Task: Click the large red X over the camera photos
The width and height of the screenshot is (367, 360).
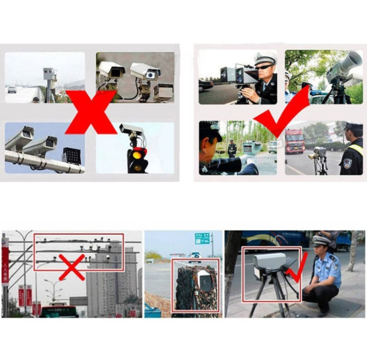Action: pyautogui.click(x=91, y=112)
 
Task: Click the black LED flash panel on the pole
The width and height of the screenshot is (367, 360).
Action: pyautogui.click(x=71, y=155)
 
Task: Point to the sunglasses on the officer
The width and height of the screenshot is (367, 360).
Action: pyautogui.click(x=264, y=67)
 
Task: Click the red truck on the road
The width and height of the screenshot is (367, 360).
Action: pyautogui.click(x=295, y=141)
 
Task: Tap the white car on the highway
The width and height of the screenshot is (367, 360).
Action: pyautogui.click(x=12, y=89)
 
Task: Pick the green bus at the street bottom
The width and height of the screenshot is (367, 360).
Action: pyautogui.click(x=59, y=311)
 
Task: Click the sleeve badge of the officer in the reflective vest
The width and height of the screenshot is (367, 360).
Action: pyautogui.click(x=347, y=164)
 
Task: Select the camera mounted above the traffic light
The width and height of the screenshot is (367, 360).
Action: pyautogui.click(x=131, y=130)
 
